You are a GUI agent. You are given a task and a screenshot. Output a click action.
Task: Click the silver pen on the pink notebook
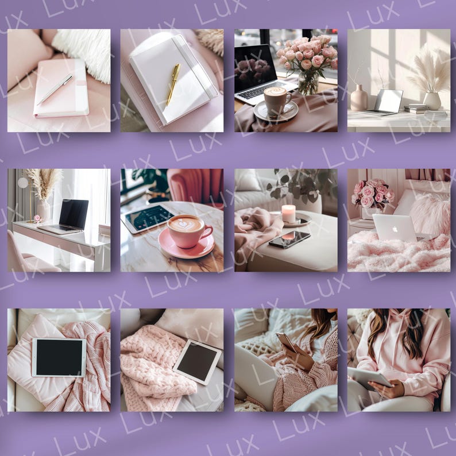55,90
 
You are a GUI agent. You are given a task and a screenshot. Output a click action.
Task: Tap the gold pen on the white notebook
173,83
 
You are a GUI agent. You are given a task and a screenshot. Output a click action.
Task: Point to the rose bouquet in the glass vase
307,56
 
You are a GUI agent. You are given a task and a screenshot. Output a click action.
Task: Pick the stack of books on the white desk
416,108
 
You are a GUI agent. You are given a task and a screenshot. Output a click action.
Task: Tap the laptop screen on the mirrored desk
74,214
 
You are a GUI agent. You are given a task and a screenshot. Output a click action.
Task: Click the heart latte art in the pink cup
184,223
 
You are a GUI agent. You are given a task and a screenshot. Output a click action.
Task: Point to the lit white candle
288,214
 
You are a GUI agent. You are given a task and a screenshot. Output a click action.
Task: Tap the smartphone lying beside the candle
289,239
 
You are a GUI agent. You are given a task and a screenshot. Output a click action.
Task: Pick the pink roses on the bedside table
372,194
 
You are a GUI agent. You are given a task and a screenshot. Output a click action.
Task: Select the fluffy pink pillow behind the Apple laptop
430,214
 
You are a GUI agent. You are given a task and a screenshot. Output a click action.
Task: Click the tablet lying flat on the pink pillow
59,357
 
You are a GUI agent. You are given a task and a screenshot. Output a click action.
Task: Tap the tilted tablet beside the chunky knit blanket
197,362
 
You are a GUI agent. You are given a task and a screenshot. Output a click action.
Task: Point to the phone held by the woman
287,342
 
